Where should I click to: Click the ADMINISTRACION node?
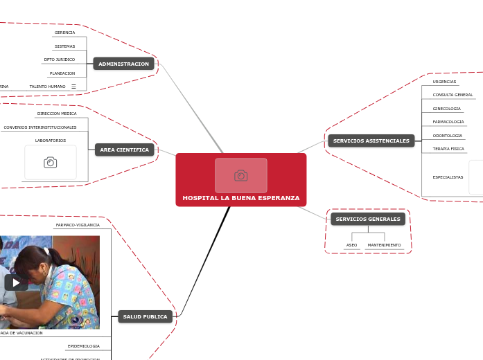[123, 64]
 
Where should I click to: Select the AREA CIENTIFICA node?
[124, 150]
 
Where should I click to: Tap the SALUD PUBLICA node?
[145, 316]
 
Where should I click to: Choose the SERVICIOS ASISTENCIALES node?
[371, 141]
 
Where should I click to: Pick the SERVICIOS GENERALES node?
[368, 219]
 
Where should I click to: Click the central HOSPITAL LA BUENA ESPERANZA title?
[240, 198]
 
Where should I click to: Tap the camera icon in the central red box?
[240, 176]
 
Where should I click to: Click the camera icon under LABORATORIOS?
[51, 162]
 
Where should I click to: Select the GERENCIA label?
[64, 33]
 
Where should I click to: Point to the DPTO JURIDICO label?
[60, 60]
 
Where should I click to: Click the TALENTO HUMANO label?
[47, 87]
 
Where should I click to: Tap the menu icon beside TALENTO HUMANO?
[73, 87]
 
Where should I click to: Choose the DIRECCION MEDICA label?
[57, 114]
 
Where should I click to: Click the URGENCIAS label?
[444, 82]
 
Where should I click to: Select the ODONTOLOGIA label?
[447, 136]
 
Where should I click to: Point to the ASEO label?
[351, 245]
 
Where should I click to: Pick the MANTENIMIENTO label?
[384, 245]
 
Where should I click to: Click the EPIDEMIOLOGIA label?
[83, 345]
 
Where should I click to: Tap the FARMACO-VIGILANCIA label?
[78, 225]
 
